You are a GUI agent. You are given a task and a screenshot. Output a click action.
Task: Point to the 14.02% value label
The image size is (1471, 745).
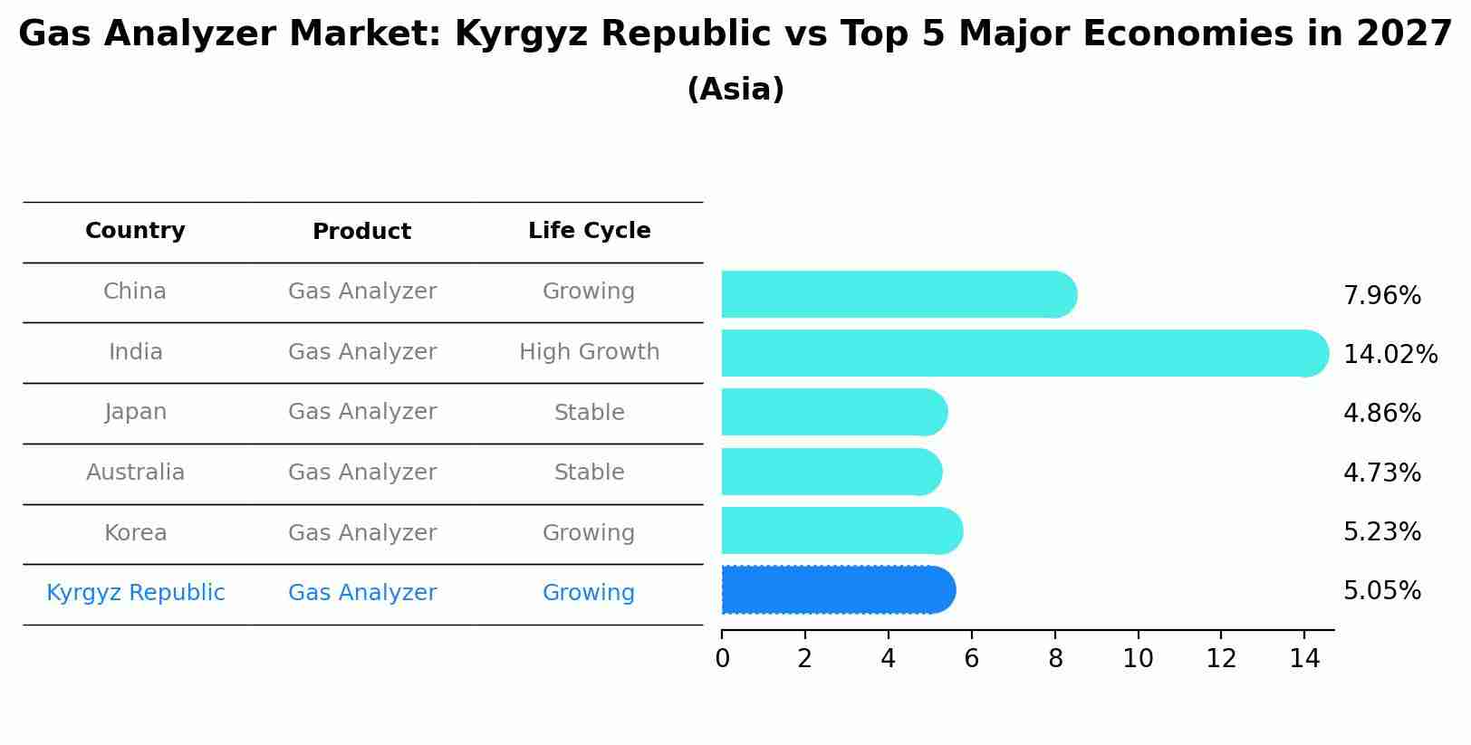[1389, 355]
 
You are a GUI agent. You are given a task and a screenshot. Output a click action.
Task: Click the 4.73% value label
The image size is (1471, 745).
[1381, 473]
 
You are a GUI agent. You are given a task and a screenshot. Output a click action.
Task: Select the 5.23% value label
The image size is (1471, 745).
[1381, 532]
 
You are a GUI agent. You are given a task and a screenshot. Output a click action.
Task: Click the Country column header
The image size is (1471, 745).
[135, 231]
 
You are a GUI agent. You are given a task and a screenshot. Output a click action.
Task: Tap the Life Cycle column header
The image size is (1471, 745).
[589, 231]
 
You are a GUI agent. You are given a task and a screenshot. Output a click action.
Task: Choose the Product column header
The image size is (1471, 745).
[361, 232]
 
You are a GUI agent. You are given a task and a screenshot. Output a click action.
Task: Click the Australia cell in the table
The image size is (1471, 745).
[135, 473]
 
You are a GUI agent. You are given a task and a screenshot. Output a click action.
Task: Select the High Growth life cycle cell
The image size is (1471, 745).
[589, 352]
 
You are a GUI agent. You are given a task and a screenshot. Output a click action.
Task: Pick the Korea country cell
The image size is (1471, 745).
[135, 533]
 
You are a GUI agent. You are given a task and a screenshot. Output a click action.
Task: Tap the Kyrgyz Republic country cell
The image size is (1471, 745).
[135, 593]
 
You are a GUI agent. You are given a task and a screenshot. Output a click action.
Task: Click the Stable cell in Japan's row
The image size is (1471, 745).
[589, 413]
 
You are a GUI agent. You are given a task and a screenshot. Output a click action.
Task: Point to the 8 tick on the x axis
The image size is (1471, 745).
[1054, 659]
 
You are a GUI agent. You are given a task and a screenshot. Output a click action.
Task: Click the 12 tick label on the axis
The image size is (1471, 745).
[1221, 659]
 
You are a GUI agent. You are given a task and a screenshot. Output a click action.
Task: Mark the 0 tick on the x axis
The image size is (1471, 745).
[722, 659]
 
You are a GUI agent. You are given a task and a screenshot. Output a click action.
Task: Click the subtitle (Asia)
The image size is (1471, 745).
[735, 90]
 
